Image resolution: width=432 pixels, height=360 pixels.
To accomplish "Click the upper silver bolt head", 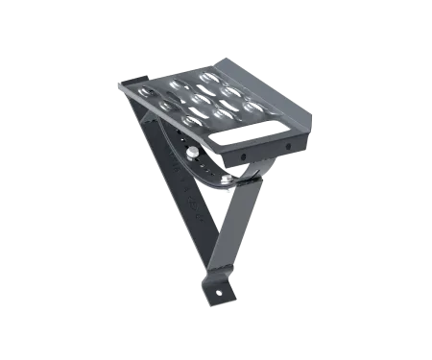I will pos(194,152).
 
